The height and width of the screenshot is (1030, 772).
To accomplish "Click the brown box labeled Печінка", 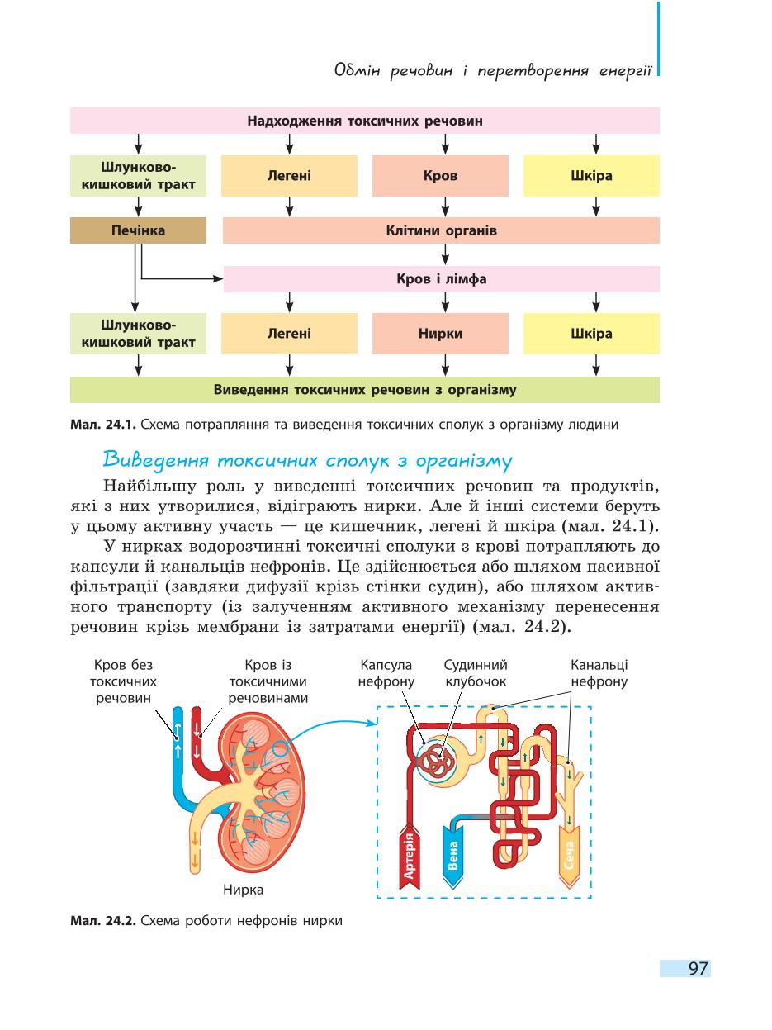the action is (x=138, y=230).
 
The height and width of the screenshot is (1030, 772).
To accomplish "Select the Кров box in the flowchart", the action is (x=440, y=175).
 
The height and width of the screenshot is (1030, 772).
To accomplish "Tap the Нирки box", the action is (x=440, y=334).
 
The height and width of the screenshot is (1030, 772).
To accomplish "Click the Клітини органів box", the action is (x=441, y=230).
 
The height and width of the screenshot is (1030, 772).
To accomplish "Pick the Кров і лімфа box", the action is (x=441, y=279).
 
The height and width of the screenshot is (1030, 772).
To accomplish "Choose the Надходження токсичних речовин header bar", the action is (x=365, y=121).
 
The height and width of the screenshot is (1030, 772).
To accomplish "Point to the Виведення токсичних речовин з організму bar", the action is (x=365, y=390).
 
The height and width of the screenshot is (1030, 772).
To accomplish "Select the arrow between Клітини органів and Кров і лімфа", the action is (x=445, y=254).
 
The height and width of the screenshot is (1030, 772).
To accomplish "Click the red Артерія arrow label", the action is (x=409, y=856).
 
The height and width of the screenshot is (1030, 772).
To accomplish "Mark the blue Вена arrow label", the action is (x=452, y=856).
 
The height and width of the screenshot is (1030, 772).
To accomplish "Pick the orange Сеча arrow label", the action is (x=570, y=856).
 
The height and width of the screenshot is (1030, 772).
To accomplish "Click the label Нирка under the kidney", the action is (x=243, y=890).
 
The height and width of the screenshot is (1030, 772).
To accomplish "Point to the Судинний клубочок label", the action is (x=476, y=673).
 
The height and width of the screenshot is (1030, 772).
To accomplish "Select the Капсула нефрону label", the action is (x=386, y=673).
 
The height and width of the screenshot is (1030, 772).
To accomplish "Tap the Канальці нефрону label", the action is (x=599, y=673).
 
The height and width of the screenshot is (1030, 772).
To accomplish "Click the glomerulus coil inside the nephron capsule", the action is (x=436, y=762).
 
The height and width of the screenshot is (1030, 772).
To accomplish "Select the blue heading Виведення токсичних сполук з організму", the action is (x=308, y=460).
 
